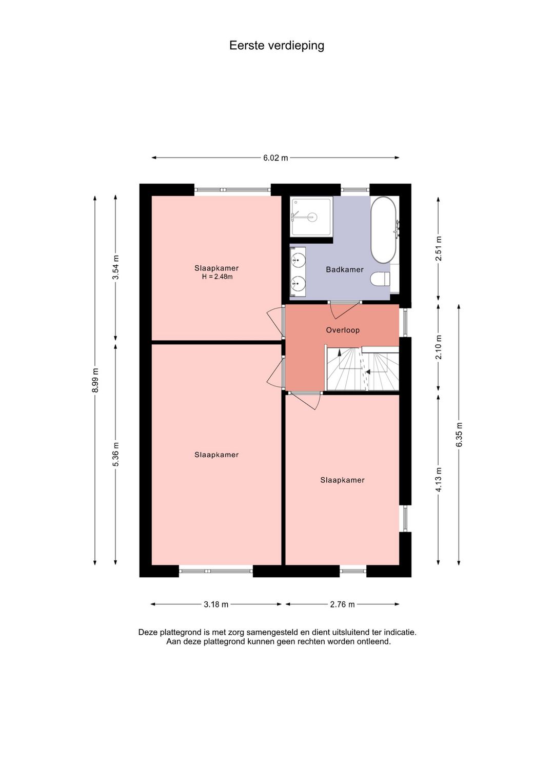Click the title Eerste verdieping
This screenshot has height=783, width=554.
[276, 46]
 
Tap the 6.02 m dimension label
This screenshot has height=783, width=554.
[275, 158]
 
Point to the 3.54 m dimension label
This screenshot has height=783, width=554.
[116, 267]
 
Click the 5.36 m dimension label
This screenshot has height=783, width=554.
[116, 455]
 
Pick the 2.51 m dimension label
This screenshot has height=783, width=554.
[439, 248]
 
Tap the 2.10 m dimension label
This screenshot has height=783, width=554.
[439, 347]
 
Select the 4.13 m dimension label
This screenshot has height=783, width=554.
[439, 479]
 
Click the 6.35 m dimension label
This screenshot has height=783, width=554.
[459, 435]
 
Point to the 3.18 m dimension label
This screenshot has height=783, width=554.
[216, 604]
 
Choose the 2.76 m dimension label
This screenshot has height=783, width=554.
[342, 604]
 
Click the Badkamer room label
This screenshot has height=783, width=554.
[345, 269]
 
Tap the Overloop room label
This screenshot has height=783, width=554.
[343, 330]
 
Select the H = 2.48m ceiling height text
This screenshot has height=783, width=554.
[217, 277]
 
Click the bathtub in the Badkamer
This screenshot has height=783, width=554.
[384, 230]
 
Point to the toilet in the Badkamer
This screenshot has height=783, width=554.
[380, 279]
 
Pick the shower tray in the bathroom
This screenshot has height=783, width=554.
[311, 217]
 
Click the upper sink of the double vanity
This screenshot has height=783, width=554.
[298, 260]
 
